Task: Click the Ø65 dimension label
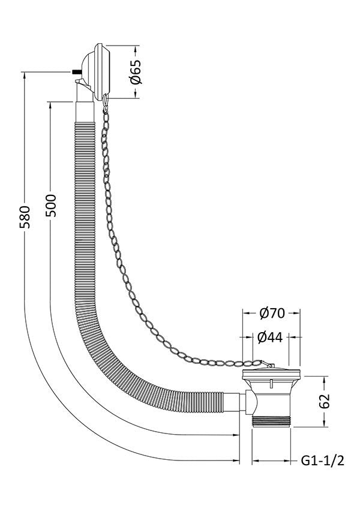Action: coord(136,71)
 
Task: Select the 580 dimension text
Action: coord(25,217)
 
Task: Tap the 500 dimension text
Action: coord(50,206)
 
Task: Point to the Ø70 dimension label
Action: coord(272,314)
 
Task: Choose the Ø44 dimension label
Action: coord(270,338)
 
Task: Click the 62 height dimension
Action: coord(324,401)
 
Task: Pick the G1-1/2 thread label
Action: coord(322,460)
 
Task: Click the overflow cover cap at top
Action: coord(99,71)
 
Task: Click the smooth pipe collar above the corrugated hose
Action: coord(85,112)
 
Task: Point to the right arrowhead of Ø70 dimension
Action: coord(296,314)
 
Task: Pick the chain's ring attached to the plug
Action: coord(265,363)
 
